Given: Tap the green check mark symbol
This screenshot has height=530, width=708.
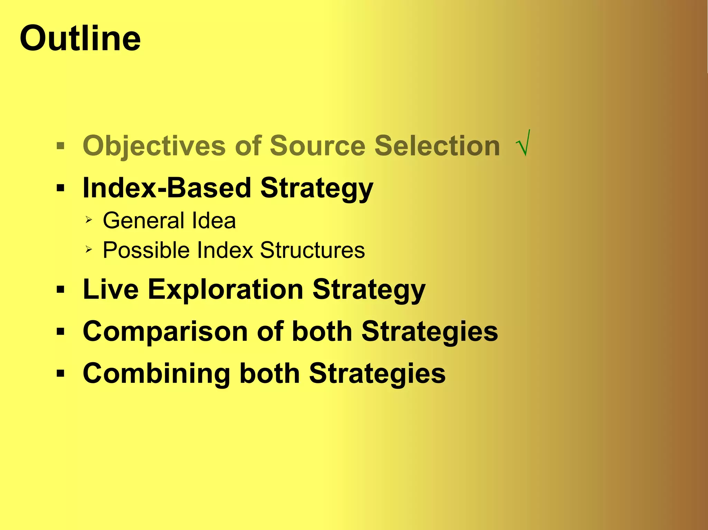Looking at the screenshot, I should [523, 144].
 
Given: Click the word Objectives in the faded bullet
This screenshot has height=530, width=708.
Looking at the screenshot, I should [154, 146].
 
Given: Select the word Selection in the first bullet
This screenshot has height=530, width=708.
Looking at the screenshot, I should [437, 146].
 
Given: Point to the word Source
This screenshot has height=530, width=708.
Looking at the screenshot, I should [317, 146].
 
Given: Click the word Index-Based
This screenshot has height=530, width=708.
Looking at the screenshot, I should [167, 188].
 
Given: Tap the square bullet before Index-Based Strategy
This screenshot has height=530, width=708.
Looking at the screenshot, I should [61, 189].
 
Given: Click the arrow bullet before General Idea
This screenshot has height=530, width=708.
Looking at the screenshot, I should [89, 220].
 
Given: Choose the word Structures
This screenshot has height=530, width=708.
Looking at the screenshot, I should [312, 250].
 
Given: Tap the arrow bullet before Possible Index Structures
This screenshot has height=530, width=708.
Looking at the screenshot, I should [89, 249].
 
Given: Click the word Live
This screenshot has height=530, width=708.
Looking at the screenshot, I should [111, 289].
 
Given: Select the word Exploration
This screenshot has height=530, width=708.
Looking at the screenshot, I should [226, 289].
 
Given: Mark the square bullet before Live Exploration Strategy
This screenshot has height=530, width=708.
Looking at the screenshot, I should [61, 290].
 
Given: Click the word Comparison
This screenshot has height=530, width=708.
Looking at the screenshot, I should [165, 331].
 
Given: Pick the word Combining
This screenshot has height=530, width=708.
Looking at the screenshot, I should [156, 374].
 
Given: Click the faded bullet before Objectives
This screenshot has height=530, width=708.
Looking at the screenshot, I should [61, 146].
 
